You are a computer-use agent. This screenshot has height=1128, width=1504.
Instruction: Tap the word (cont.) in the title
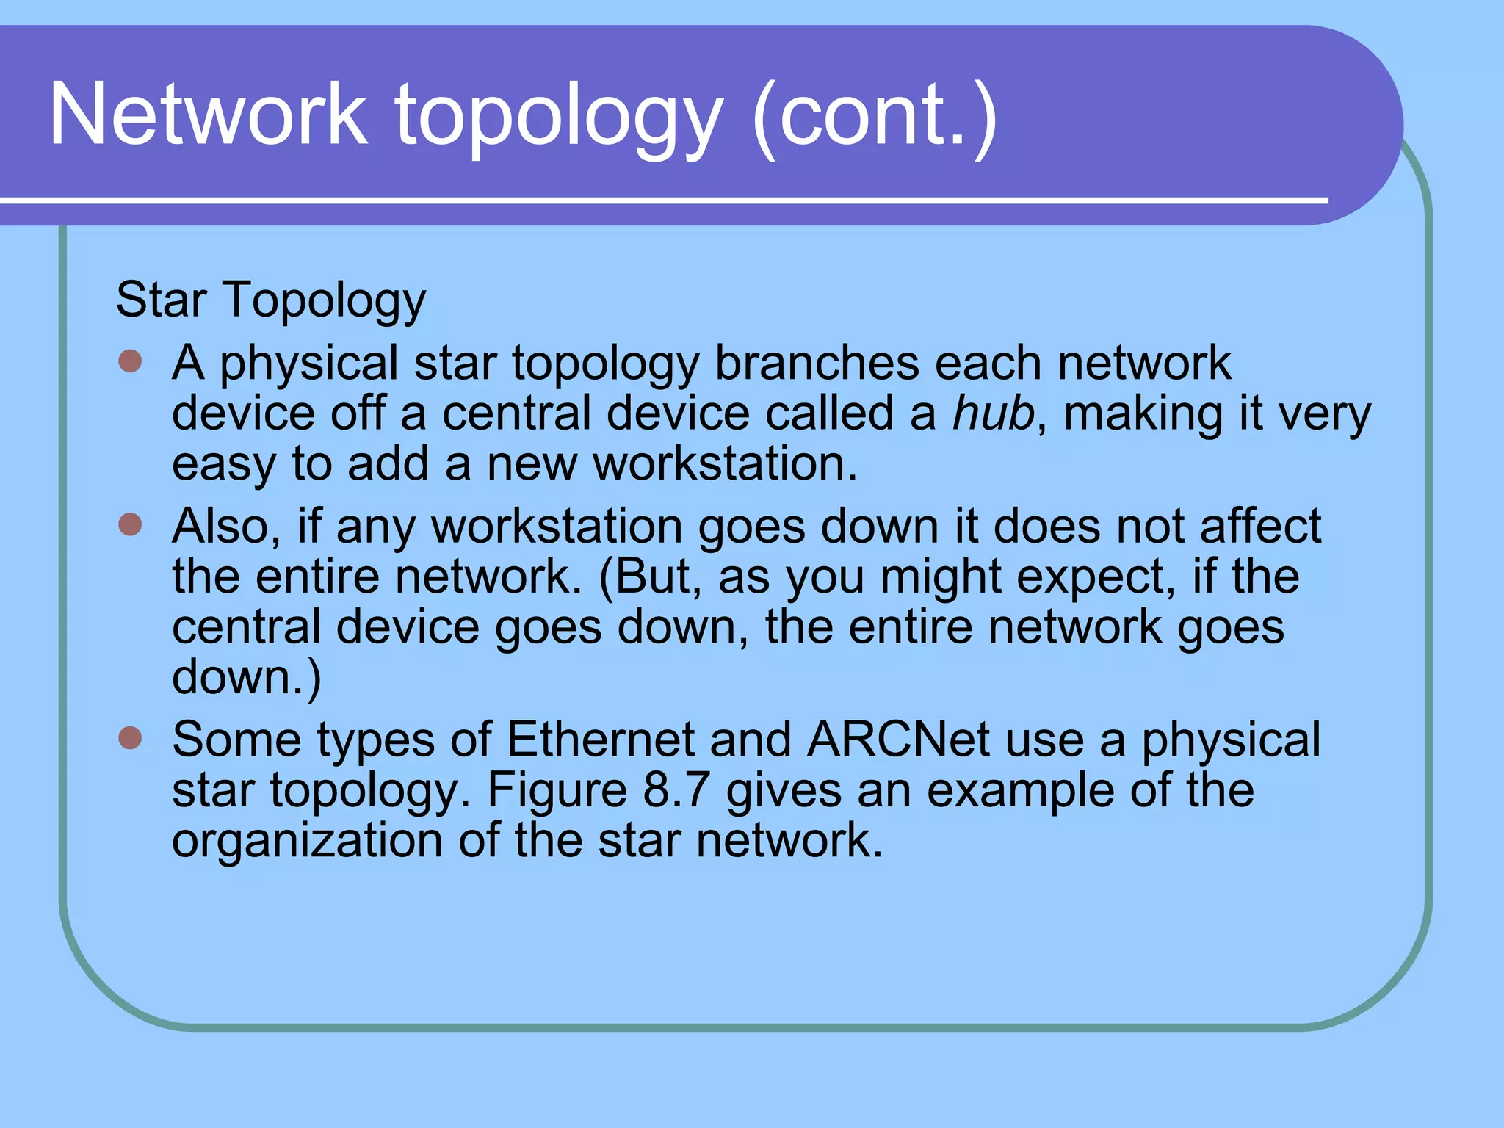point(875,116)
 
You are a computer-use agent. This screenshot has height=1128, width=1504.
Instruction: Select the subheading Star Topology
point(270,300)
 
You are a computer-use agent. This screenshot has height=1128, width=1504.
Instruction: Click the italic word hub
point(993,413)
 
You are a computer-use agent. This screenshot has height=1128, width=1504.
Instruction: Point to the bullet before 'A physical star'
point(130,361)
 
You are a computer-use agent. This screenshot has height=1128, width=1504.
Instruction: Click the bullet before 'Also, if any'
point(130,525)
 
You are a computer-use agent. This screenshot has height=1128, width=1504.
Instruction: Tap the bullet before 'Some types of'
point(130,738)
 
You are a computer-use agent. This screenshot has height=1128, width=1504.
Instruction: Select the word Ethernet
point(600,739)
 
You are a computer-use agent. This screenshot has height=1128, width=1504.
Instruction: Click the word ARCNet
point(897,739)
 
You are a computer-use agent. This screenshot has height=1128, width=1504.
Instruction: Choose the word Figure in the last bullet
point(557,791)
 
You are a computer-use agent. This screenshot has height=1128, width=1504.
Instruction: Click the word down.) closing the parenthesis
point(246,677)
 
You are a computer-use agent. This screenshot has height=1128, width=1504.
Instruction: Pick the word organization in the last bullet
point(307,840)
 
